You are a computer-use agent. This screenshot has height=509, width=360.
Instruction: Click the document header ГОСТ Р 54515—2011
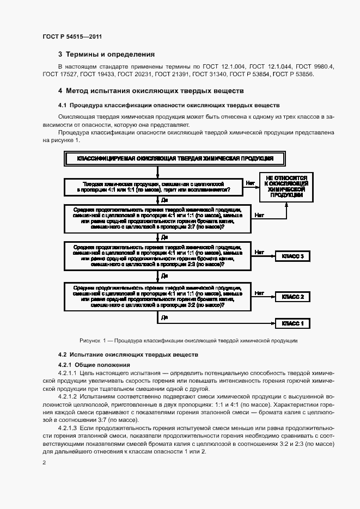tap(72, 37)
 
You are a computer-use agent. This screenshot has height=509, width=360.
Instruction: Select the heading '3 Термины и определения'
tap(106, 54)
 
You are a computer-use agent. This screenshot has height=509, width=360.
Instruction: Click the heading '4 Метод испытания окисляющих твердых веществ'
tap(151, 90)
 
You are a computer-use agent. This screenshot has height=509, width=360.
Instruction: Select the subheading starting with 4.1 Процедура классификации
tap(169, 105)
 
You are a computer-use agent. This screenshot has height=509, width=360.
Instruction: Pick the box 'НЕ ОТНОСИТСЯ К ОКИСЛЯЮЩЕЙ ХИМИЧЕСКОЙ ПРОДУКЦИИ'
tap(289, 187)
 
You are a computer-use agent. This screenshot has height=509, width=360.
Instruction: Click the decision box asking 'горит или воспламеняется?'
tap(156, 187)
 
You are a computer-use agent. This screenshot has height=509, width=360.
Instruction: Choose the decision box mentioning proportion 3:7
tap(156, 218)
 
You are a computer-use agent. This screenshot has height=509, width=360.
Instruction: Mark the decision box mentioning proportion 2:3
tap(156, 255)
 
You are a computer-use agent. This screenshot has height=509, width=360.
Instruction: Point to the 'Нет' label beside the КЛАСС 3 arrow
tap(259, 252)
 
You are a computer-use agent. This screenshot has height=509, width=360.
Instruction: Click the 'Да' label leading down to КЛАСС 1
tap(164, 316)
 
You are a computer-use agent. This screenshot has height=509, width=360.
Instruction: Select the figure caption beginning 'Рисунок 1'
tap(188, 340)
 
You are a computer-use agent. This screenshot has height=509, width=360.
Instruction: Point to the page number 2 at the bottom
tap(45, 463)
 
